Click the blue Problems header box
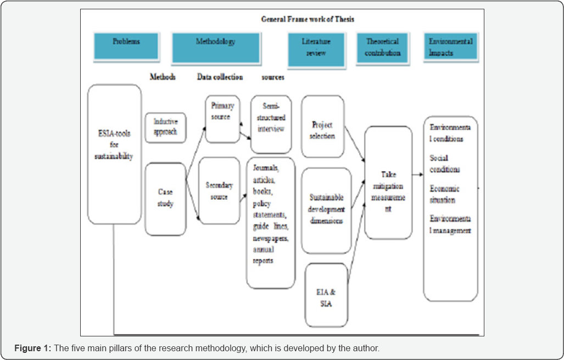click(x=126, y=46)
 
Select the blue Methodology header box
click(x=215, y=48)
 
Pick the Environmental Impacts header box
click(x=450, y=47)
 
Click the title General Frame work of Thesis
click(x=308, y=19)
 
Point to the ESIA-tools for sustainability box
click(x=115, y=154)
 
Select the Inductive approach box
click(x=165, y=127)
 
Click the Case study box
click(x=165, y=199)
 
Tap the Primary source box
click(x=222, y=119)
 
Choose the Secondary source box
click(x=219, y=190)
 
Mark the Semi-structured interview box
click(x=271, y=124)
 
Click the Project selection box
click(x=322, y=130)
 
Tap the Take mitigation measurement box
click(x=388, y=182)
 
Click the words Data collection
click(x=220, y=77)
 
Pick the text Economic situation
click(x=444, y=194)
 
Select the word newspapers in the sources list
click(x=271, y=240)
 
